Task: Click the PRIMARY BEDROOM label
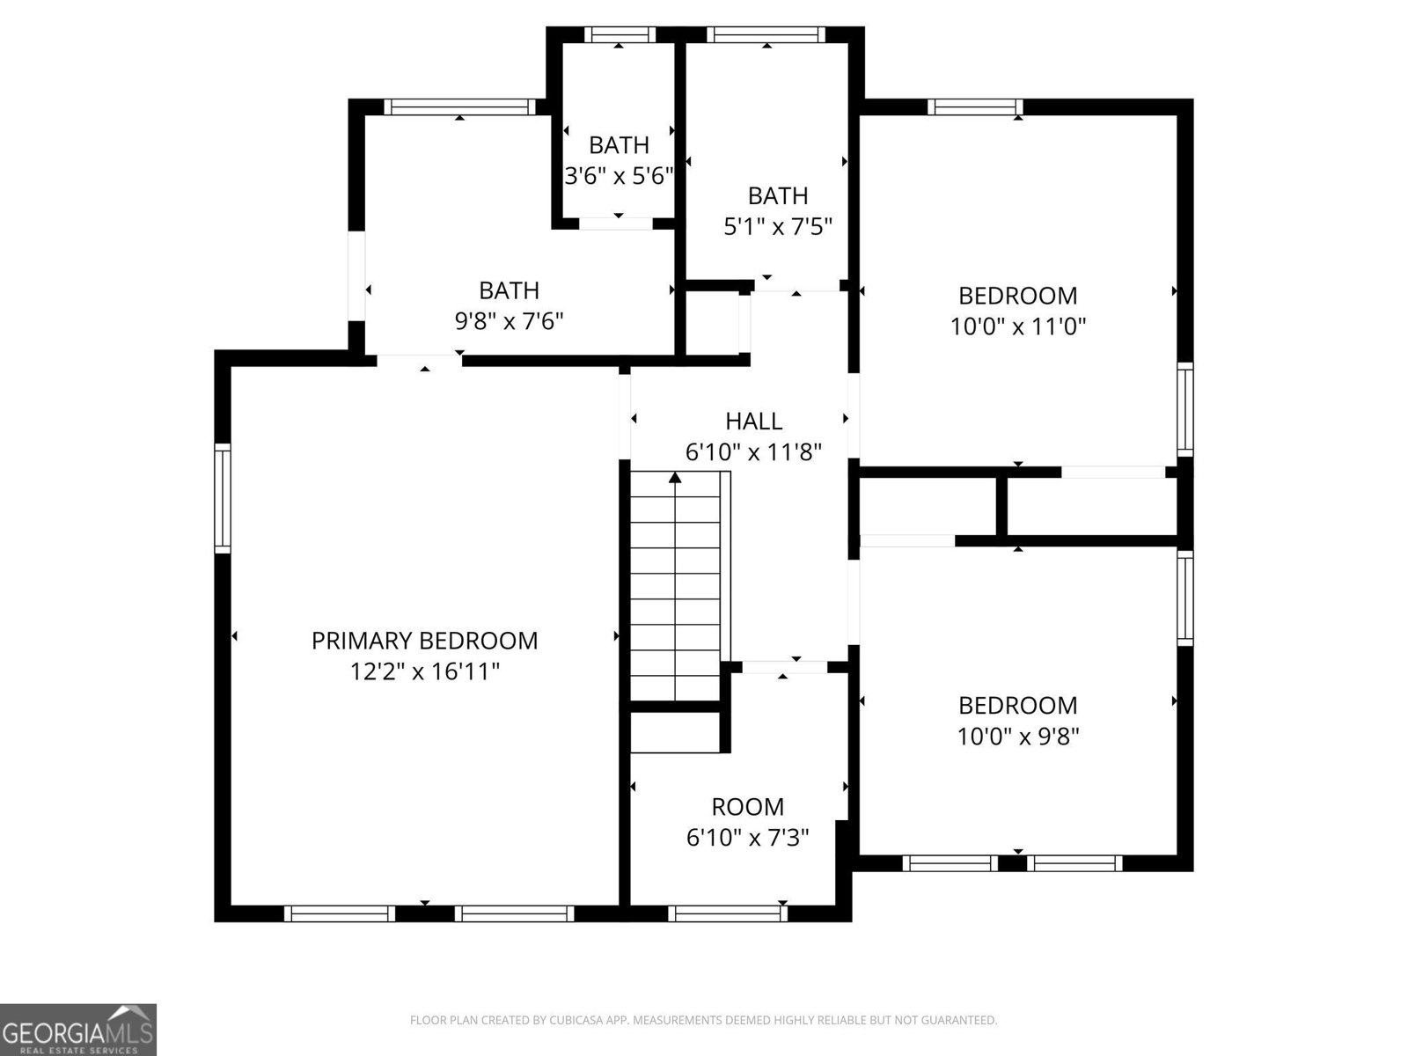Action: (x=424, y=641)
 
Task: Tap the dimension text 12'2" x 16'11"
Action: (x=424, y=672)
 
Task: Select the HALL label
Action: (x=753, y=422)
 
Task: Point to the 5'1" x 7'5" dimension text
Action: (x=778, y=227)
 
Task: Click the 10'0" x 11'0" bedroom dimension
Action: (x=1018, y=327)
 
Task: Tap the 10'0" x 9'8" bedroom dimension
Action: (x=1018, y=737)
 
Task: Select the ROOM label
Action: (x=747, y=807)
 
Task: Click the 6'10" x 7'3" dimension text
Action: (x=747, y=837)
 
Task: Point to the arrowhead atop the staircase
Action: (x=675, y=478)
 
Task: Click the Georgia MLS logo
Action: (x=78, y=1029)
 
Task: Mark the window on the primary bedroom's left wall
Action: (x=223, y=499)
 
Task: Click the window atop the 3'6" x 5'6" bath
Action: (x=620, y=35)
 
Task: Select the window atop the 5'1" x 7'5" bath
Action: (x=766, y=35)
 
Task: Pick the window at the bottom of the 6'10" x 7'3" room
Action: (x=727, y=913)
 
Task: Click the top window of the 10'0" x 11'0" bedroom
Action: (x=975, y=107)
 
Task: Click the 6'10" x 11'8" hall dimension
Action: (x=753, y=453)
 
